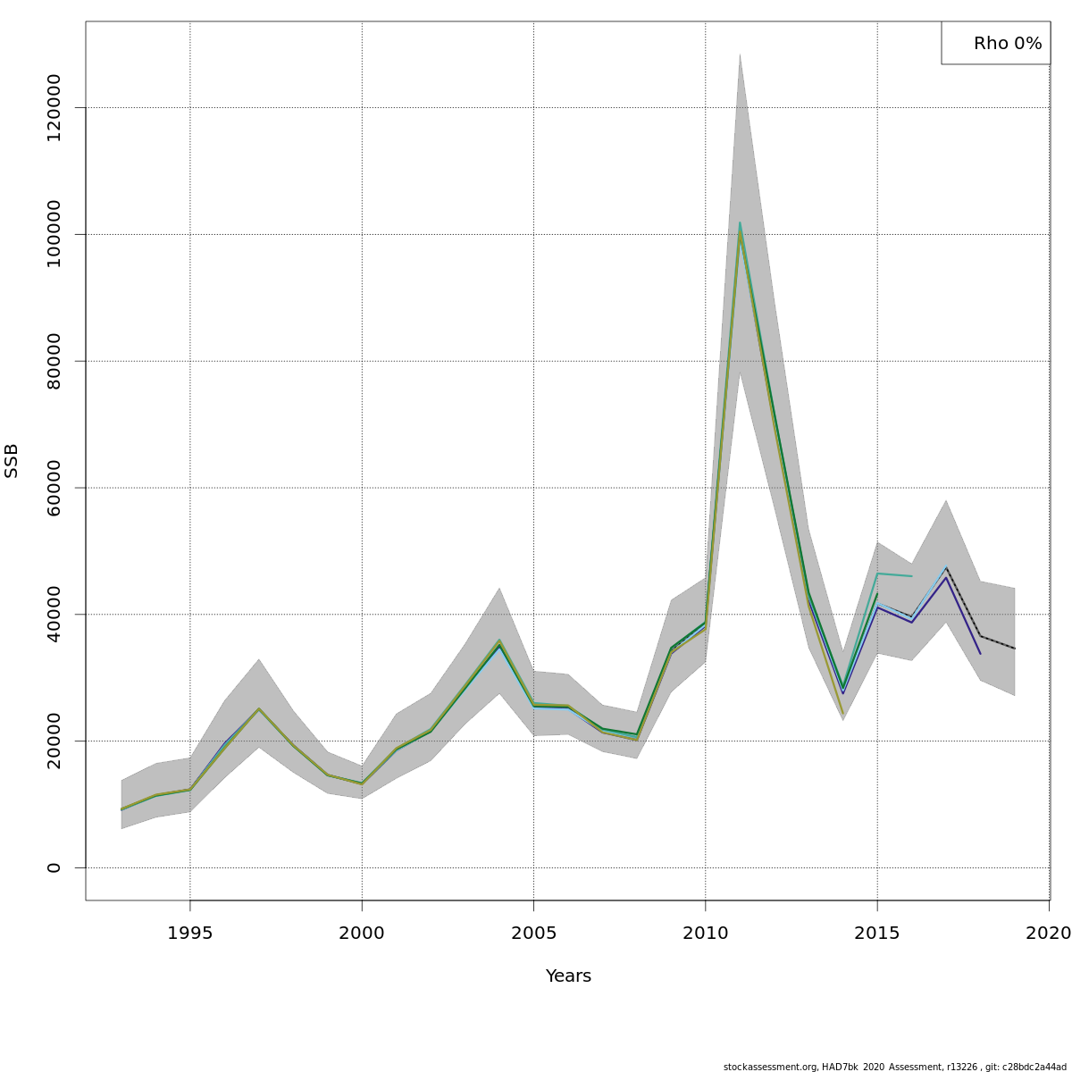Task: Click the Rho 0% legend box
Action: coord(995,43)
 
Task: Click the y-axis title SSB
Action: coord(12,461)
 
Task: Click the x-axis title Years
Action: coord(568,976)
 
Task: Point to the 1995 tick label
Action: coord(189,934)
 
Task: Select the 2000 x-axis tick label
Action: coord(362,934)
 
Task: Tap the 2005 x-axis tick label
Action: coord(533,934)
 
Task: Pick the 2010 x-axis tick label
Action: coord(706,934)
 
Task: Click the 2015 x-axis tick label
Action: coord(877,934)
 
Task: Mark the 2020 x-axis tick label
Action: coord(1048,934)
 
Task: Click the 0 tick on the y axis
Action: coord(54,867)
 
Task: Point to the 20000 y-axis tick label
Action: coord(54,741)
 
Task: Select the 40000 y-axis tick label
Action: coord(54,614)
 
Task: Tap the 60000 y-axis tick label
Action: coord(54,488)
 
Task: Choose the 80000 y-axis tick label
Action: coord(54,361)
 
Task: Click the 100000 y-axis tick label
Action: coord(54,234)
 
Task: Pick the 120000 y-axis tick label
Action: coord(54,107)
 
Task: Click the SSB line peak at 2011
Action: coord(740,225)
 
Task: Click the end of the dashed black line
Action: coord(1014,649)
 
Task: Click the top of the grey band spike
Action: coord(740,54)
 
